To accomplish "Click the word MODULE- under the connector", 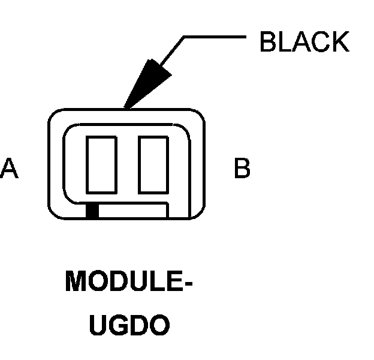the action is pyautogui.click(x=128, y=282).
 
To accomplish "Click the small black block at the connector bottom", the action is pyautogui.click(x=92, y=211).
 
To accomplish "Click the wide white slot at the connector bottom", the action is pyautogui.click(x=132, y=211).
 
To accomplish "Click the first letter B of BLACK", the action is pyautogui.click(x=267, y=42).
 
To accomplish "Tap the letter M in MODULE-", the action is pyautogui.click(x=77, y=282).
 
